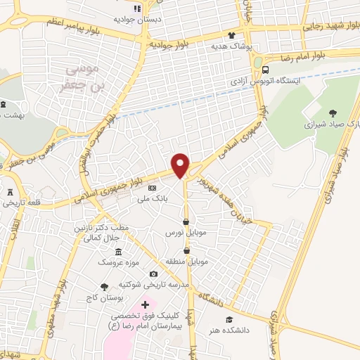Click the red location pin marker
(x=181, y=165)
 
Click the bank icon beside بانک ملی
(x=152, y=188)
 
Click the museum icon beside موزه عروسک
(x=118, y=252)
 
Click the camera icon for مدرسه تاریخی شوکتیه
(x=153, y=274)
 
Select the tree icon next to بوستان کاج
(x=105, y=287)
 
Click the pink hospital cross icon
(x=145, y=305)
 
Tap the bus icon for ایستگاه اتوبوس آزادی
(x=266, y=70)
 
